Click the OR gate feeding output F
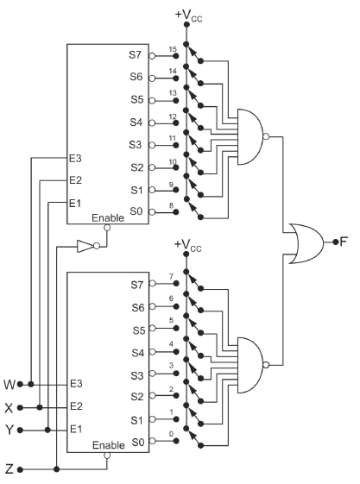click(x=306, y=243)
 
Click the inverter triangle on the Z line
click(x=85, y=247)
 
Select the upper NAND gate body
click(x=250, y=136)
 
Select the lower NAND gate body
click(x=250, y=365)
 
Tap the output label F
click(x=344, y=242)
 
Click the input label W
click(x=9, y=385)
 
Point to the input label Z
click(x=9, y=469)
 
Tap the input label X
click(x=9, y=408)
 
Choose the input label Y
click(x=9, y=430)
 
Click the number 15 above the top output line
click(x=173, y=49)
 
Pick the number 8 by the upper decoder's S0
click(x=171, y=205)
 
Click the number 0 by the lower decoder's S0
click(x=171, y=434)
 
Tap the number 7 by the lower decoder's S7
click(x=171, y=276)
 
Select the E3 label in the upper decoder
click(x=75, y=159)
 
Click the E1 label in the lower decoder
click(x=76, y=429)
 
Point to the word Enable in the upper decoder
click(x=108, y=218)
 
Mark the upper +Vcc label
click(x=188, y=16)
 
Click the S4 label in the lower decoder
click(x=138, y=353)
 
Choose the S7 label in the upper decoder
click(x=136, y=55)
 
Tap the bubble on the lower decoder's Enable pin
click(x=107, y=456)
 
